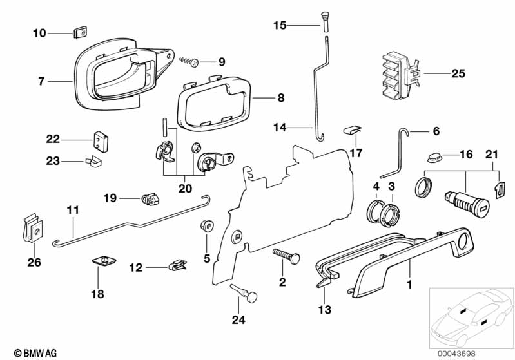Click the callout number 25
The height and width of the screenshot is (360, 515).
pos(458,74)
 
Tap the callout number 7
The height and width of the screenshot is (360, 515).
pos(41,82)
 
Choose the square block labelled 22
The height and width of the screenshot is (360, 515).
pos(99,139)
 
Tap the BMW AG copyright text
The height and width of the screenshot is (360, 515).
pos(30,353)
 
